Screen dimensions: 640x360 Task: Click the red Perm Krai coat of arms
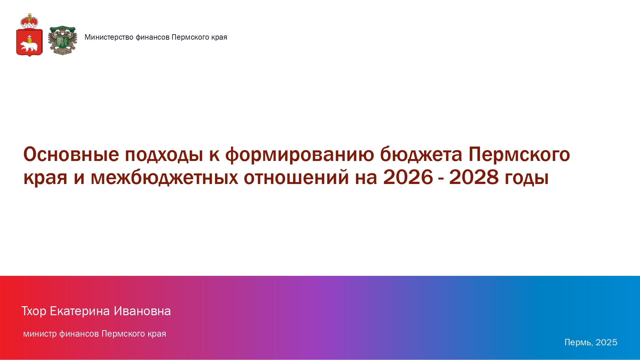pyautogui.click(x=29, y=35)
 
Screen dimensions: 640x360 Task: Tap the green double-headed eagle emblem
pyautogui.click(x=62, y=40)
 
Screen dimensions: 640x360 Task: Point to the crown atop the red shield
pyautogui.click(x=29, y=21)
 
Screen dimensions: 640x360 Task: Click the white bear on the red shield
pyautogui.click(x=29, y=46)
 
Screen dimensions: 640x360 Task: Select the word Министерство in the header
pyautogui.click(x=109, y=37)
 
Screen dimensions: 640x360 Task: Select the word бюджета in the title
pyautogui.click(x=421, y=155)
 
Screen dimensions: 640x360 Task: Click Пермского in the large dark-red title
pyautogui.click(x=519, y=155)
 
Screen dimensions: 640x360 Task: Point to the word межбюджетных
pyautogui.click(x=164, y=177)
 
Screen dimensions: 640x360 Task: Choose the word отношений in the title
pyautogui.click(x=296, y=177)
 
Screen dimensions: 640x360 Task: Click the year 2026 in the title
pyautogui.click(x=408, y=177)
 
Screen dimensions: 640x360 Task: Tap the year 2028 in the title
pyautogui.click(x=474, y=177)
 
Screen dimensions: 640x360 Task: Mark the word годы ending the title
pyautogui.click(x=527, y=178)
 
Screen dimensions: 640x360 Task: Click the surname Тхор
pyautogui.click(x=34, y=311)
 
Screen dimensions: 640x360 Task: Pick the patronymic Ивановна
pyautogui.click(x=142, y=311)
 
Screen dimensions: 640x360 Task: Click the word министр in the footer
pyautogui.click(x=40, y=334)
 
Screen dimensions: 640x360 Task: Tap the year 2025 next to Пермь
pyautogui.click(x=606, y=342)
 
